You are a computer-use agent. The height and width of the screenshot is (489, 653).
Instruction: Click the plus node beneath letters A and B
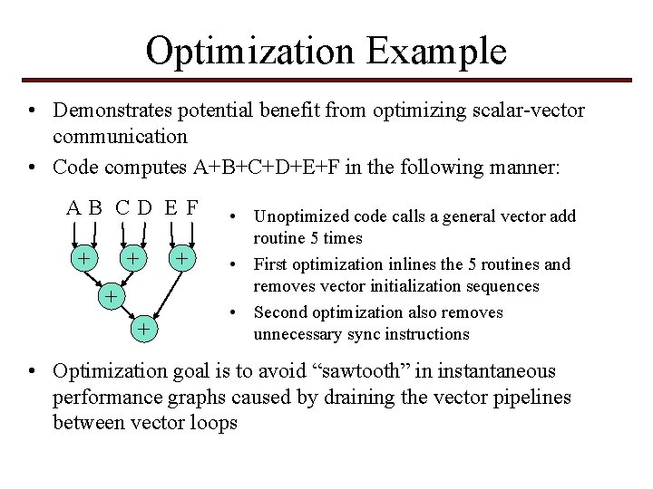pyautogui.click(x=83, y=259)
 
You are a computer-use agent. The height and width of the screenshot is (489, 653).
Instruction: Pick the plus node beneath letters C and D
pyautogui.click(x=133, y=259)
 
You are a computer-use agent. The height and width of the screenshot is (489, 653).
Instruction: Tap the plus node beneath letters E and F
pyautogui.click(x=182, y=259)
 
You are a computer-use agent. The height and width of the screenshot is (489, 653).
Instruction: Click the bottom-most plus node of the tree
pyautogui.click(x=142, y=327)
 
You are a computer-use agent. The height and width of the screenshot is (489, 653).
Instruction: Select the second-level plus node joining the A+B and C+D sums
pyautogui.click(x=108, y=295)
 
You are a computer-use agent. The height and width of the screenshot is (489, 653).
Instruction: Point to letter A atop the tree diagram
pyautogui.click(x=73, y=207)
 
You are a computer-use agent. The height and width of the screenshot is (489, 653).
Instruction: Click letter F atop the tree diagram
pyautogui.click(x=191, y=207)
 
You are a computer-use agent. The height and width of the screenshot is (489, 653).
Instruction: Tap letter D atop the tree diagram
pyautogui.click(x=145, y=207)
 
